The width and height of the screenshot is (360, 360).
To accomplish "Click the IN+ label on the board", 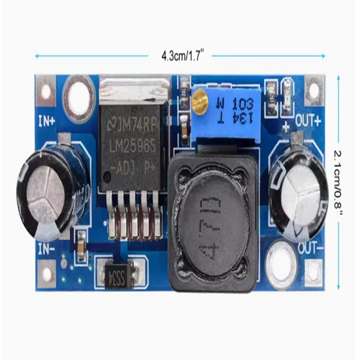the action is (x=46, y=121).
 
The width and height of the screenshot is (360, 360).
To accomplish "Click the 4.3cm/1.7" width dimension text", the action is (x=180, y=56).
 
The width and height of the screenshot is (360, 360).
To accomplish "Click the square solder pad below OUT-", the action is (x=313, y=272).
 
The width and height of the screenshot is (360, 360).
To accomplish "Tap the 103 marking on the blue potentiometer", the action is (x=243, y=106).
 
